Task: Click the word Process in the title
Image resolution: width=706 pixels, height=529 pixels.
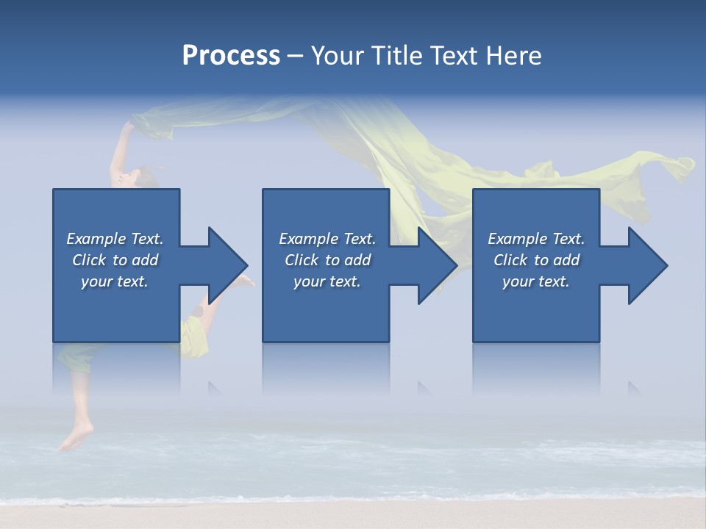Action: point(231,56)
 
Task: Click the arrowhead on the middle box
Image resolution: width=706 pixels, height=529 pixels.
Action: point(436,265)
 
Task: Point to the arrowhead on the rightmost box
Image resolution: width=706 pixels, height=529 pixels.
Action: point(646,265)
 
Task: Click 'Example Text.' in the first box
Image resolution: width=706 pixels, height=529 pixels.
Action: point(115,239)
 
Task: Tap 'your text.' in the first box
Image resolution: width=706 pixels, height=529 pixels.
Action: point(115,281)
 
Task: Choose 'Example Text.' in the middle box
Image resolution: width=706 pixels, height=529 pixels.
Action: point(327,239)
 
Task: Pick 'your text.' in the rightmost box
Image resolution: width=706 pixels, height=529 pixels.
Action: point(536,281)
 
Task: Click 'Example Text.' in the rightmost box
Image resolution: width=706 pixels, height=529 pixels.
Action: point(536,239)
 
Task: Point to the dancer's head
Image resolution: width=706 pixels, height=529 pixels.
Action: point(144,176)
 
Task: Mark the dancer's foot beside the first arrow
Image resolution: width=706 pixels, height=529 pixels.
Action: point(246,281)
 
